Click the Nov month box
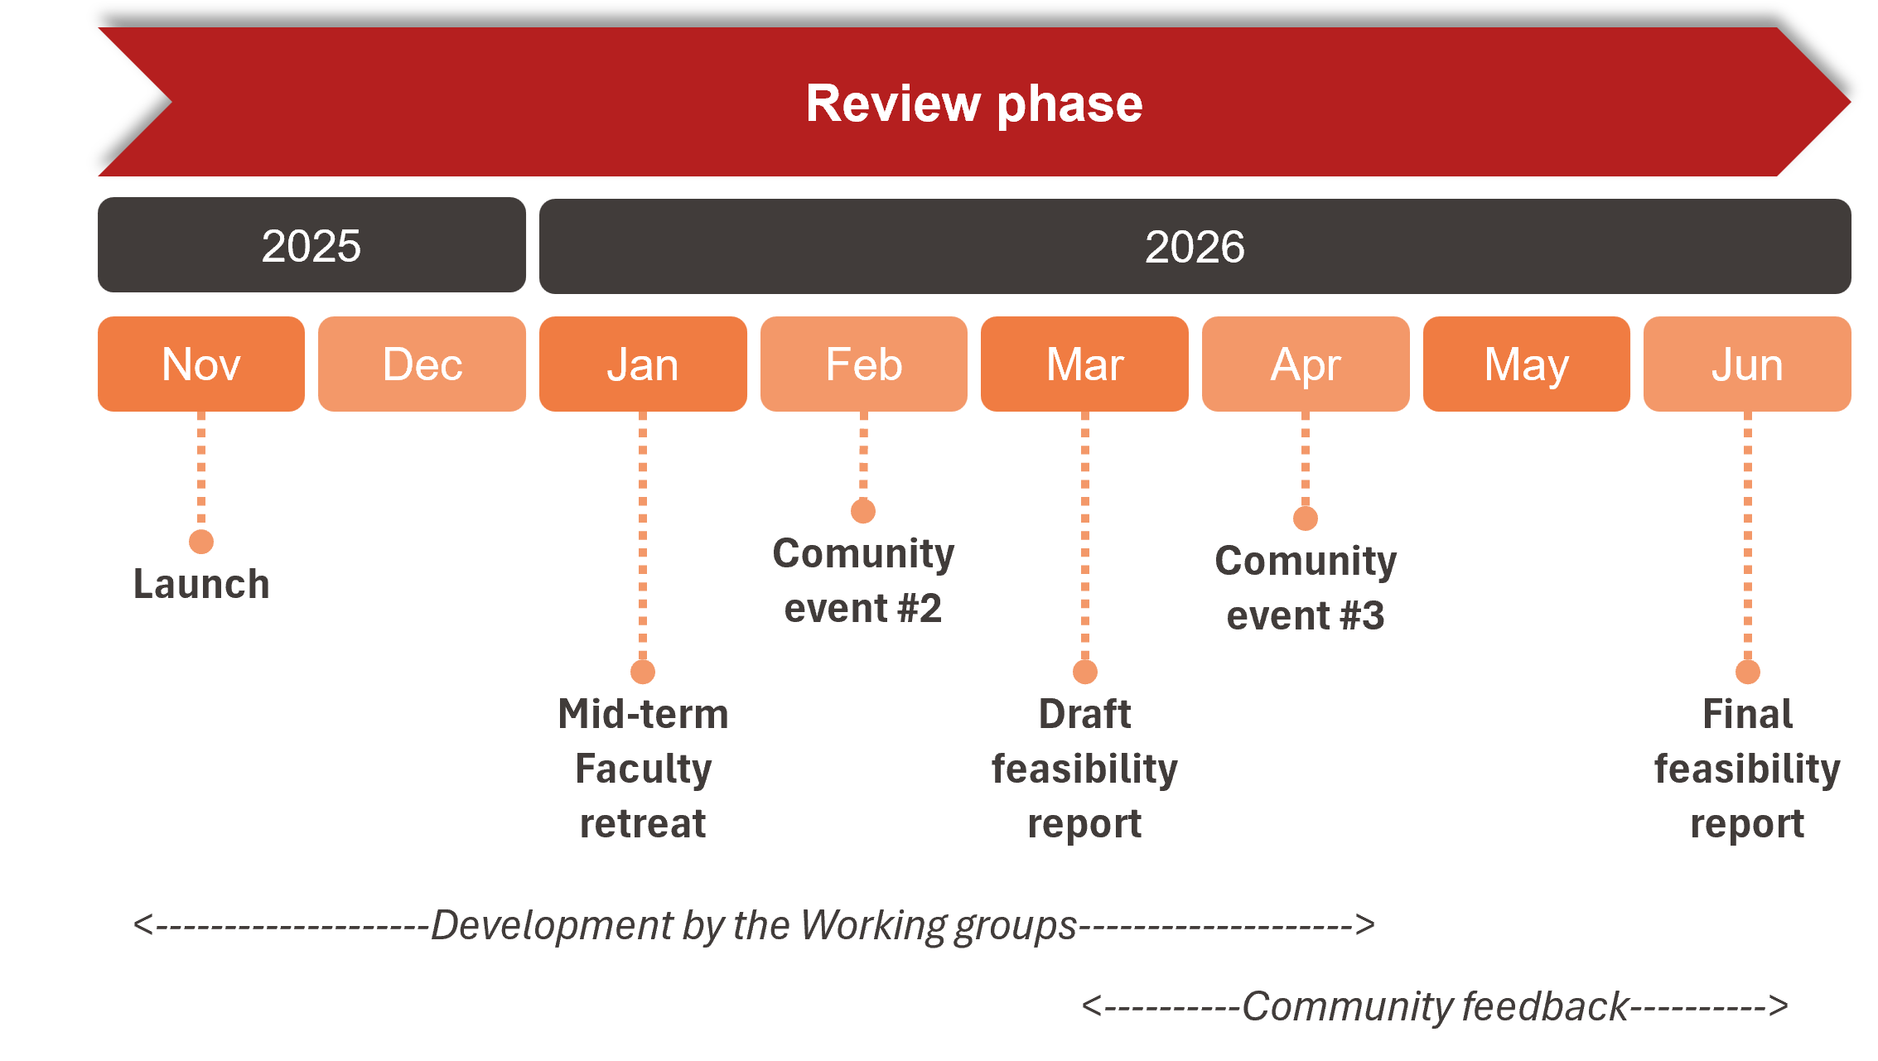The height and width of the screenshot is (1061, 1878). [x=201, y=364]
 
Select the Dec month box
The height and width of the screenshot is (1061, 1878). [x=422, y=364]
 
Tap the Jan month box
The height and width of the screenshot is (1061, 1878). [x=643, y=364]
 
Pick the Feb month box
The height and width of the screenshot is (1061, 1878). [x=864, y=364]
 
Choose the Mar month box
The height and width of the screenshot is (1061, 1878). [x=1084, y=364]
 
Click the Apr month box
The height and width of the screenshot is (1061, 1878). [x=1306, y=364]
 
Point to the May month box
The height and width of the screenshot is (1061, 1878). [x=1527, y=364]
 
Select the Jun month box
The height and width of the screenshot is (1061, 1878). [x=1747, y=364]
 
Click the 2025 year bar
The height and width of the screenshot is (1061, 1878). [x=311, y=245]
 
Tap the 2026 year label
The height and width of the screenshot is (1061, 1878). [x=1195, y=247]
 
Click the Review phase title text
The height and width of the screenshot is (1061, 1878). [x=974, y=104]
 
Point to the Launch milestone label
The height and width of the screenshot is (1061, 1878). [x=201, y=584]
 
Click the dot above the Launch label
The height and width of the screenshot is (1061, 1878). [x=201, y=542]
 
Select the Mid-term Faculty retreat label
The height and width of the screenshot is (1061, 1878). [x=643, y=769]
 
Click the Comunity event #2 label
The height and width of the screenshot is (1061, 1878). [x=863, y=581]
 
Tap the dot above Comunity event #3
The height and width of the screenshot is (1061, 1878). [x=1306, y=518]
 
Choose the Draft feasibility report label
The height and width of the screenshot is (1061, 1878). [x=1084, y=769]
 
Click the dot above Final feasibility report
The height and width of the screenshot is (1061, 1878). [x=1748, y=672]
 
